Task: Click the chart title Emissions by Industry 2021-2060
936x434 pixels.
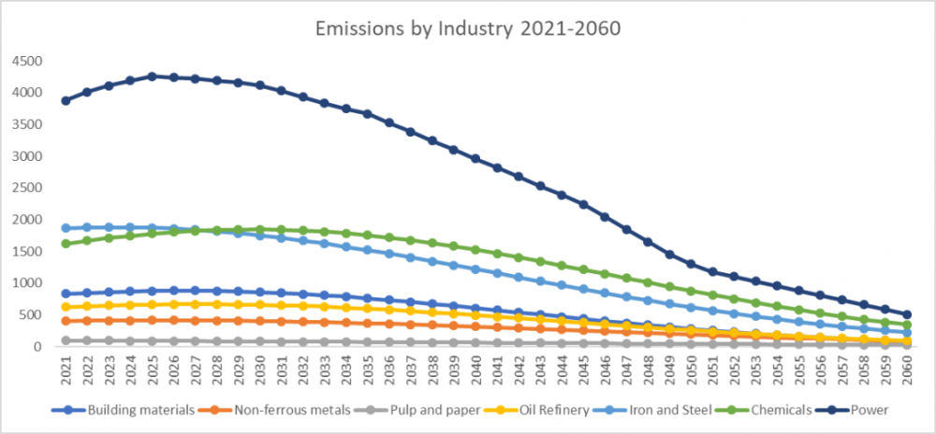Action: click(x=468, y=29)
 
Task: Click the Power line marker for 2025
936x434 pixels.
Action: click(x=152, y=77)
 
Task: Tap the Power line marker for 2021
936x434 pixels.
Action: click(x=66, y=100)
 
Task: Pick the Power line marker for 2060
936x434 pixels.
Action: click(x=906, y=315)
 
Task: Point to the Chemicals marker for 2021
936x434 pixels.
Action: click(x=66, y=243)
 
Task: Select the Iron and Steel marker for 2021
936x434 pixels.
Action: click(x=66, y=228)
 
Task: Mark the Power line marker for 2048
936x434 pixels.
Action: click(x=648, y=242)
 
